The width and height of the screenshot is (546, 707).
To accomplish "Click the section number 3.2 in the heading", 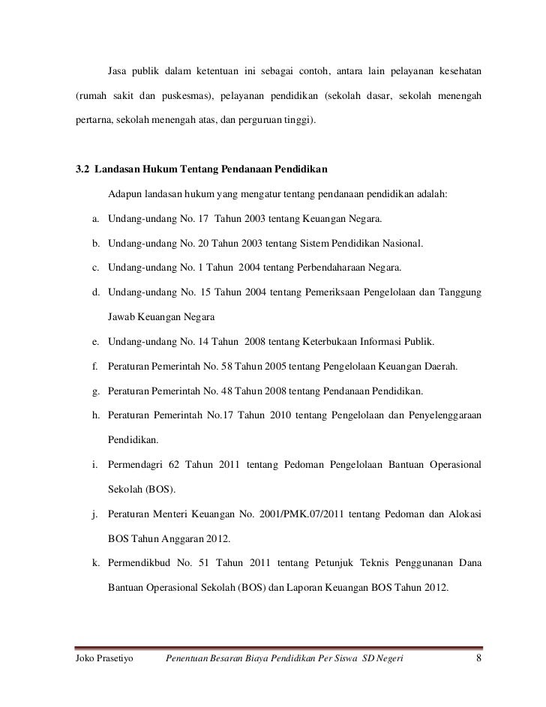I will click(83, 167).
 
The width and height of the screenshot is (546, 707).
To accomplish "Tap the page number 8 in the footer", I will click(478, 659).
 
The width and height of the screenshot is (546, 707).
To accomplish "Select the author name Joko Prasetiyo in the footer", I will click(104, 659).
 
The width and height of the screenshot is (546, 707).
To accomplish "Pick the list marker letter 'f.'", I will click(97, 367).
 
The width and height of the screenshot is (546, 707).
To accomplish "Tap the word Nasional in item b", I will click(403, 244).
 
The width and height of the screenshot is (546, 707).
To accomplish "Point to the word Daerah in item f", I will click(442, 367).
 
